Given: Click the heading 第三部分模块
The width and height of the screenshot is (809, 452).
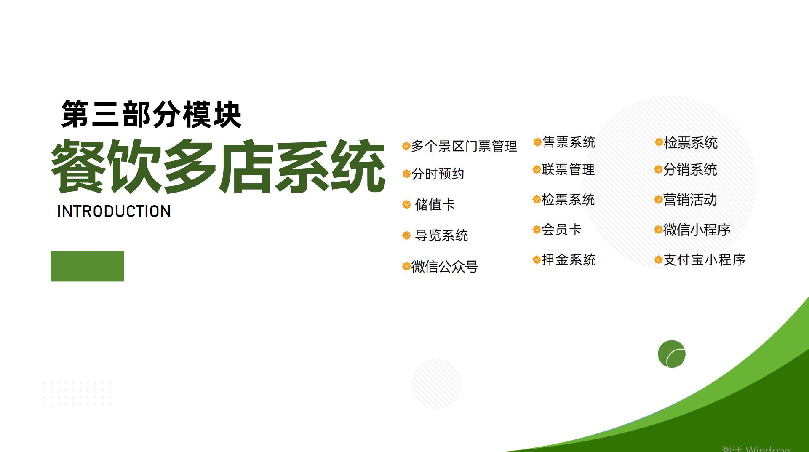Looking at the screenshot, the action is click(x=151, y=114).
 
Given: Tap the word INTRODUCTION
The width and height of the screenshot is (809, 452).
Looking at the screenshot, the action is click(x=114, y=211).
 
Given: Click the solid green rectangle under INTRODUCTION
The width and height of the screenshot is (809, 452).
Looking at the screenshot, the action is click(x=88, y=266).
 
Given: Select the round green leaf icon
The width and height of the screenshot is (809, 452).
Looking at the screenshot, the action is click(x=672, y=354).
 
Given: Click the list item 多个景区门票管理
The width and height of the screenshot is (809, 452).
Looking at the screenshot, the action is click(x=464, y=146).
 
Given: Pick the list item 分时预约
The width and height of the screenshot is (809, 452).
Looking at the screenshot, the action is click(x=438, y=174).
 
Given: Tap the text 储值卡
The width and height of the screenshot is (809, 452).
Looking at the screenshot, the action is click(x=435, y=205).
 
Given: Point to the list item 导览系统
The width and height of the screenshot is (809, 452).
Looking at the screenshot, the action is click(x=441, y=235).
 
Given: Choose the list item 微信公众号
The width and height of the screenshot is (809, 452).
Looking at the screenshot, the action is click(x=445, y=266).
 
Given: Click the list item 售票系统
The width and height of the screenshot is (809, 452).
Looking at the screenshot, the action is click(x=569, y=142).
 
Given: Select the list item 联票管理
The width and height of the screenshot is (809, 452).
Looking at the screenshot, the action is click(x=568, y=169).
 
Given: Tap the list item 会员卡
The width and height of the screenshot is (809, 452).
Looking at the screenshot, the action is click(x=561, y=230).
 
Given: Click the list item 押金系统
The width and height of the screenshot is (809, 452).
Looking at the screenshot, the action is click(x=569, y=259).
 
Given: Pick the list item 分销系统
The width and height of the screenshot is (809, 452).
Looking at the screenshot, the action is click(x=690, y=169).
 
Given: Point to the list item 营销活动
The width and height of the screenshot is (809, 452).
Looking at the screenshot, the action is click(x=690, y=200).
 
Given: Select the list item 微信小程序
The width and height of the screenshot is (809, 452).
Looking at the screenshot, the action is click(x=697, y=230).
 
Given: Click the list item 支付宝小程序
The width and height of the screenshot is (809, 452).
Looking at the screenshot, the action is click(x=704, y=259).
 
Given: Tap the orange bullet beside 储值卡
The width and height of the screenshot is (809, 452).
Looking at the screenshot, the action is click(x=406, y=205).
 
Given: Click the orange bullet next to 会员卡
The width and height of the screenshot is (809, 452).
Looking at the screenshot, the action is click(x=537, y=230).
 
